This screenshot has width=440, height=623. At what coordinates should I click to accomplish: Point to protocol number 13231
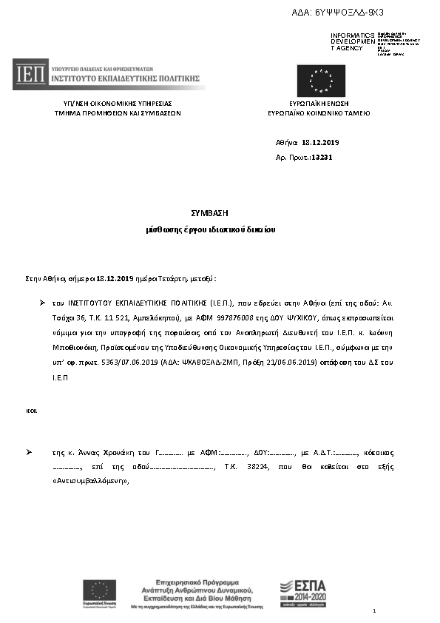(322, 158)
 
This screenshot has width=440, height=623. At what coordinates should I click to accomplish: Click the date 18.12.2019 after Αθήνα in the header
(319, 142)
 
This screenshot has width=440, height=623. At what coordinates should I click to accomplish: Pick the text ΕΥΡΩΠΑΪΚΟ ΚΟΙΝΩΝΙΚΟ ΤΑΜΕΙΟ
(319, 114)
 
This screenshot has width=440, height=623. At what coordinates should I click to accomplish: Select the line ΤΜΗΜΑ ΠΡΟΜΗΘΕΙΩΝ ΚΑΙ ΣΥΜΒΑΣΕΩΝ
(118, 114)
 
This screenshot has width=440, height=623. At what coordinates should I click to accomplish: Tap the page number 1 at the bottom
(375, 610)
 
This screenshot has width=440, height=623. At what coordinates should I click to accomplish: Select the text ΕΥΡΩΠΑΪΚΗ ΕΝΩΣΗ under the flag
(319, 104)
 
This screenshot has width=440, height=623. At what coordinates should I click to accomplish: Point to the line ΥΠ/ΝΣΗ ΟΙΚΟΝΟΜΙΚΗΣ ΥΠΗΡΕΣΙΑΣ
(118, 104)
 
